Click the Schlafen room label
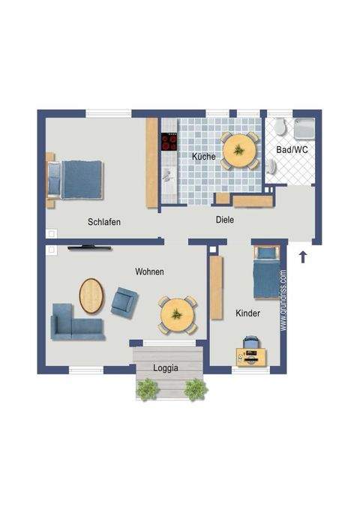(x=104, y=222)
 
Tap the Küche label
(x=203, y=157)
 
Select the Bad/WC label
(x=292, y=151)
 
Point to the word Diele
(x=224, y=220)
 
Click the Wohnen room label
(x=149, y=271)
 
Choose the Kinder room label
(x=247, y=313)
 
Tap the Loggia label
(x=166, y=368)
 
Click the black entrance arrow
(x=303, y=257)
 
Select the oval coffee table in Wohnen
(x=92, y=295)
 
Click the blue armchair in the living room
(x=124, y=301)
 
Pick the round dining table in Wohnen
(x=178, y=315)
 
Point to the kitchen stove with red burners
(x=170, y=142)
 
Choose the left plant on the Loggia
(x=147, y=388)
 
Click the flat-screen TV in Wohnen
(x=91, y=246)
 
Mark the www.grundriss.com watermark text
(x=283, y=301)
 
